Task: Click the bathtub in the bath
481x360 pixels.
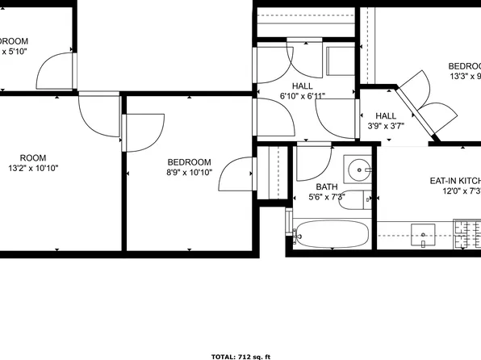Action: click(331, 235)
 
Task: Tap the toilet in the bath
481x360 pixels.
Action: click(355, 199)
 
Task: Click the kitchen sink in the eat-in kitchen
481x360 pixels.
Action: click(423, 235)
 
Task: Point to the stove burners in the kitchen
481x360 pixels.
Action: click(466, 235)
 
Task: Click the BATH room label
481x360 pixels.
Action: click(327, 186)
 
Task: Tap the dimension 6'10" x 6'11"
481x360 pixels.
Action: click(303, 96)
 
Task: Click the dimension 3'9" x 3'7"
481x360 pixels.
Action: click(386, 126)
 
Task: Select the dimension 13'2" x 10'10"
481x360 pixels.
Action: click(33, 168)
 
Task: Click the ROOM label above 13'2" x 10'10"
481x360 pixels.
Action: click(33, 157)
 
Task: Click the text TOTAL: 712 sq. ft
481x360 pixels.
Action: click(240, 355)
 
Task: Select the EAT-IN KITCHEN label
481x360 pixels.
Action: click(454, 181)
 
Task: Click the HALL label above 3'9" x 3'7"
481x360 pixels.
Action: click(386, 115)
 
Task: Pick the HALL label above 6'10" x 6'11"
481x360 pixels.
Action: click(303, 86)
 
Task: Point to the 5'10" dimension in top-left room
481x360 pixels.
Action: click(15, 50)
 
